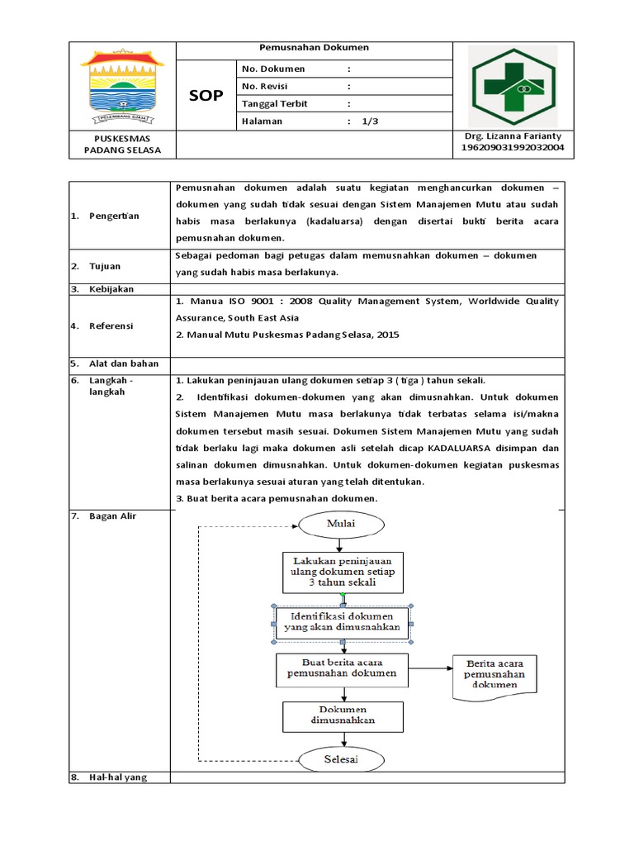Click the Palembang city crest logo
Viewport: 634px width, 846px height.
click(x=122, y=83)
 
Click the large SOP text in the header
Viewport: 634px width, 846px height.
click(x=206, y=96)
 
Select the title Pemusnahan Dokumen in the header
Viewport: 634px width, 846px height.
click(x=315, y=48)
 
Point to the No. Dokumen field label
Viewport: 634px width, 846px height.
click(x=272, y=69)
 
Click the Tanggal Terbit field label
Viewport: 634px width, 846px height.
click(x=276, y=103)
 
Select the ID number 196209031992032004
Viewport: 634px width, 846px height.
click(x=512, y=148)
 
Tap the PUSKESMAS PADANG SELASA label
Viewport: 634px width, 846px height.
click(x=122, y=143)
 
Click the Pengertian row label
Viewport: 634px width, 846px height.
click(x=115, y=216)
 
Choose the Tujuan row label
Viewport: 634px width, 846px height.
click(x=106, y=266)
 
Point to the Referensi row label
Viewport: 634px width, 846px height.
click(x=112, y=326)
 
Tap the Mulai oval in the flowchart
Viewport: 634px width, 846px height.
click(x=340, y=524)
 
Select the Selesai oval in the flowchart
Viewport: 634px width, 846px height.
click(x=340, y=758)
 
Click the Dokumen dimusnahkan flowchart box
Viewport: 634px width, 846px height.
click(x=342, y=715)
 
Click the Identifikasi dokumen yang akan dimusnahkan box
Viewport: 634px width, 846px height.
click(x=342, y=621)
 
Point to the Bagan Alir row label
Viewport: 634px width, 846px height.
click(x=114, y=516)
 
